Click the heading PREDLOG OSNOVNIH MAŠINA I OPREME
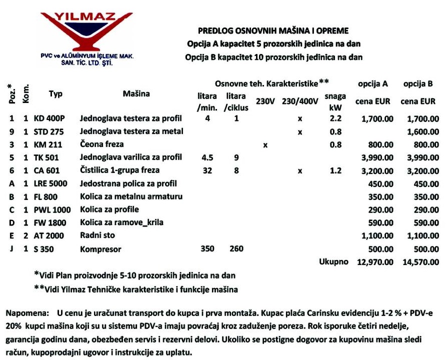tap(273, 30)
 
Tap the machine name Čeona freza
tap(101, 144)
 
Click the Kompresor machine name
tap(100, 248)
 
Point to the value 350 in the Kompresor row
tap(207, 248)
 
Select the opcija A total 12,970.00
tap(375, 261)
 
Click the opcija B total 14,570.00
tap(419, 261)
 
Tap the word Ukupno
tap(333, 261)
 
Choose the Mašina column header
tap(136, 93)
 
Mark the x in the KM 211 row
tap(265, 145)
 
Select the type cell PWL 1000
tap(52, 209)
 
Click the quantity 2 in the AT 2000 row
tap(25, 235)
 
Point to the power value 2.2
tap(335, 119)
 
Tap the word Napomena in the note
tap(24, 313)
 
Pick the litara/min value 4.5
tap(207, 157)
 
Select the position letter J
tap(11, 248)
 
